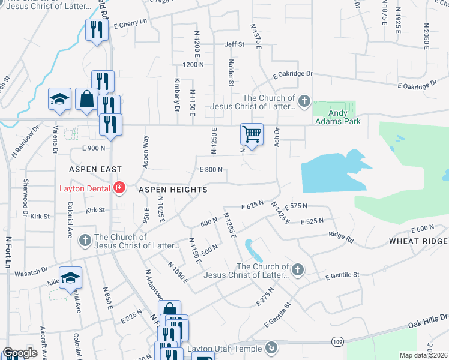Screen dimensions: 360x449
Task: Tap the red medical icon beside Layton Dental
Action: (x=119, y=188)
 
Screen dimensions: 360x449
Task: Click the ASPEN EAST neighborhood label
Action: (x=95, y=170)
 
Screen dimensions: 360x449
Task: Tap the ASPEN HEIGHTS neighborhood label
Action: (x=173, y=190)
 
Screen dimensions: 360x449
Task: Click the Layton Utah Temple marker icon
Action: (x=271, y=348)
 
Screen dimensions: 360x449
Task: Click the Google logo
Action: (x=20, y=353)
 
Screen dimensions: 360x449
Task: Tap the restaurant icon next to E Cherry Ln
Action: (x=95, y=29)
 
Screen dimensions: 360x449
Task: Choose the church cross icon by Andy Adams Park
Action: (x=304, y=101)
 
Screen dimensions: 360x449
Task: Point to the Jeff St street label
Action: (x=234, y=44)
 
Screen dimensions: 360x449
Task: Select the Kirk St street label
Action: (x=95, y=211)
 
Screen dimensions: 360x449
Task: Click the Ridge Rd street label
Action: (x=341, y=236)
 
